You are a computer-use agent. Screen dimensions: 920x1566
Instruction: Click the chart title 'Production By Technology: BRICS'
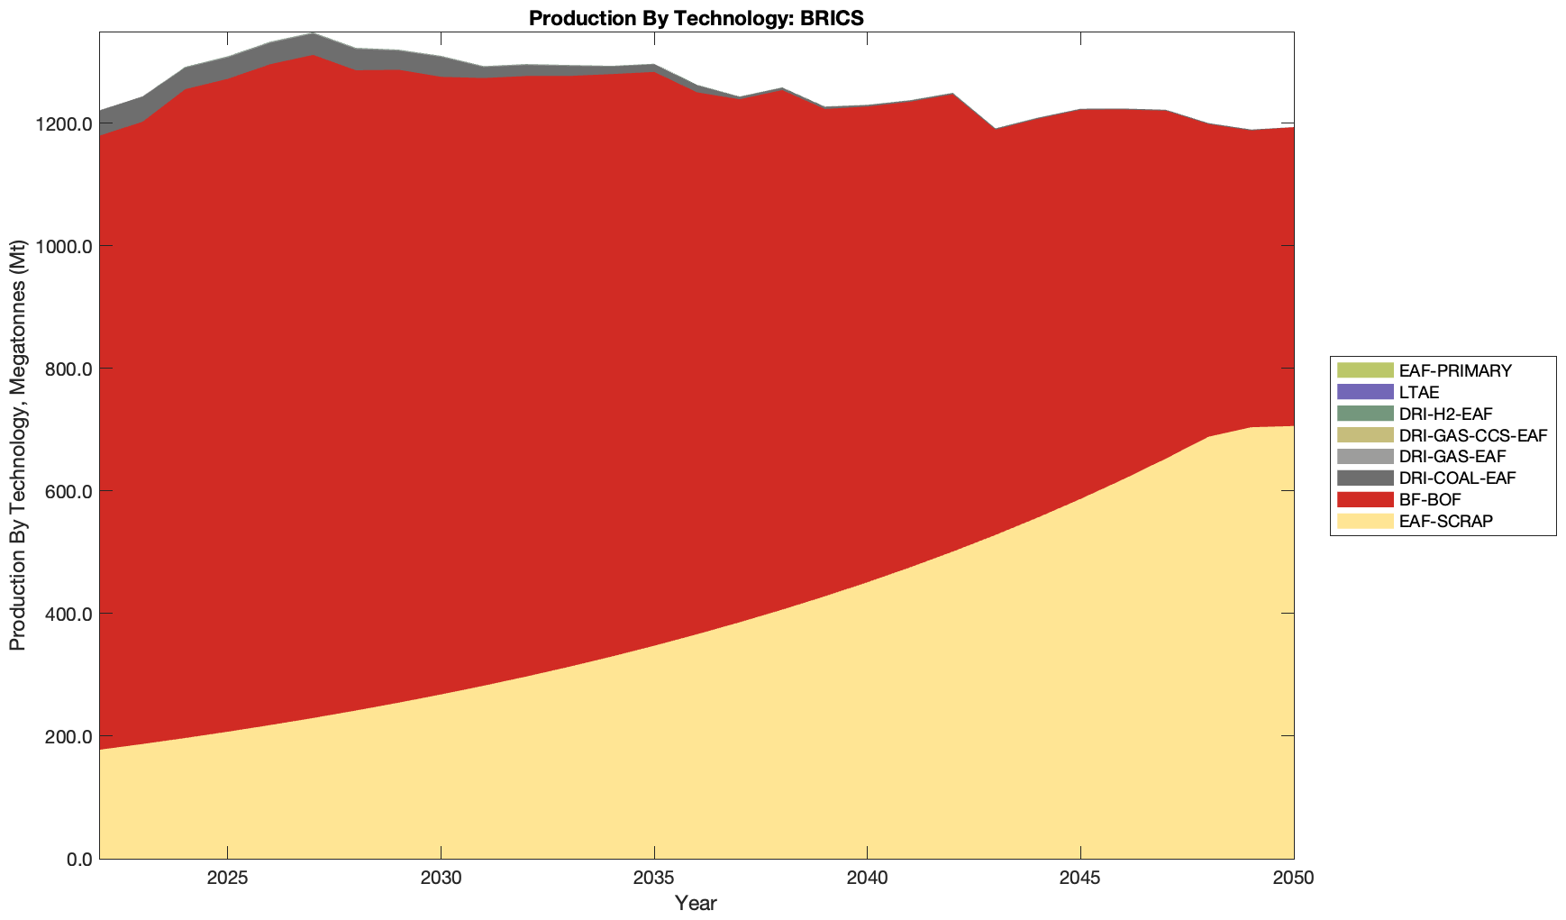tap(697, 18)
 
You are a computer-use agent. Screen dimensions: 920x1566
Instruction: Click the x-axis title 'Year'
tap(696, 903)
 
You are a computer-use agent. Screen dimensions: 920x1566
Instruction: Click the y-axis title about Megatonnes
tap(17, 445)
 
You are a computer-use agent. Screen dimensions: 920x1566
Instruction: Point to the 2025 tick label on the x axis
tap(227, 879)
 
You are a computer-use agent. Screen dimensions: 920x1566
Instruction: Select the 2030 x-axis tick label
tap(441, 879)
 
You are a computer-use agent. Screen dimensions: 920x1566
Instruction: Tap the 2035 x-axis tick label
tap(653, 879)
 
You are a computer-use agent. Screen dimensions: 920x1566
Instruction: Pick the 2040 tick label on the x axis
tap(867, 879)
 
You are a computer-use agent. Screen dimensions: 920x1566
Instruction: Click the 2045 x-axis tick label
tap(1079, 879)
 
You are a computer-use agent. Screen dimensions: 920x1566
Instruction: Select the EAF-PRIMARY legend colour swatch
tap(1365, 370)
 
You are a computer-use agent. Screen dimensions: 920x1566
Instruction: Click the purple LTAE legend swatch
tap(1365, 392)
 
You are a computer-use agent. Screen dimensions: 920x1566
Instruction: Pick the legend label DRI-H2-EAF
tap(1445, 414)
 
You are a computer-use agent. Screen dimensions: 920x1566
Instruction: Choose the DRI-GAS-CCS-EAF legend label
tap(1472, 435)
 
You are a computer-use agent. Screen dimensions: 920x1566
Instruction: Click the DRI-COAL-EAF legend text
tap(1457, 478)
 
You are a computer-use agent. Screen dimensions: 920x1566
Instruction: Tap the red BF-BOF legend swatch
tap(1365, 499)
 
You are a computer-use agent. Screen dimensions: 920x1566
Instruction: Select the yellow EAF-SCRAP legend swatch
tap(1365, 521)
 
